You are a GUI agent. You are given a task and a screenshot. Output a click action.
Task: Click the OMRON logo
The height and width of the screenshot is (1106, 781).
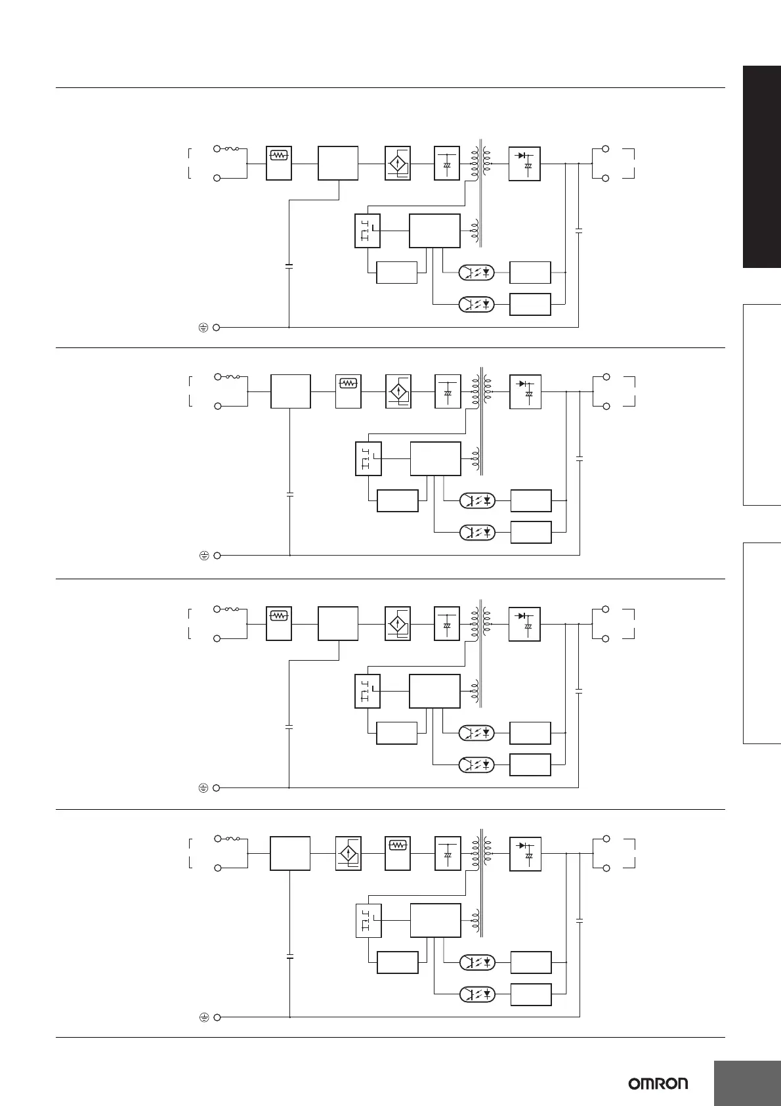(658, 1084)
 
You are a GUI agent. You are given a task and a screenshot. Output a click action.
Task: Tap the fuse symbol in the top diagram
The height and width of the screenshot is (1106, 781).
(232, 149)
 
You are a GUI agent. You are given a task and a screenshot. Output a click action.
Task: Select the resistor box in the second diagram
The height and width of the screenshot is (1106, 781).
(348, 391)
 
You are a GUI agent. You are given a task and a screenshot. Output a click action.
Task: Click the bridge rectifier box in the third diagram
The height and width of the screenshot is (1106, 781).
(397, 623)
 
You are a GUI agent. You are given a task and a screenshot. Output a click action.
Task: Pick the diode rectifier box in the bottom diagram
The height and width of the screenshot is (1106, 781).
(525, 854)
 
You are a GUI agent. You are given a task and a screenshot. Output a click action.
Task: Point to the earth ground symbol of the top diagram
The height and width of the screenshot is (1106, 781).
(203, 327)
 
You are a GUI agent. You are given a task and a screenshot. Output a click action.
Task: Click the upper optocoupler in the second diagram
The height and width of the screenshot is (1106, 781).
(477, 500)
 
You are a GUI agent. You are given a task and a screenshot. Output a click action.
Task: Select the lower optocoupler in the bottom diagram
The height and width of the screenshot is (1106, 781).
(477, 994)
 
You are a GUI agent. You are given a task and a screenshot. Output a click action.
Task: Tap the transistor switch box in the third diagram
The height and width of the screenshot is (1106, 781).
(367, 691)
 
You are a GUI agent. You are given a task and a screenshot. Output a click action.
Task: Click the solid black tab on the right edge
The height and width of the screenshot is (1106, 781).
(762, 167)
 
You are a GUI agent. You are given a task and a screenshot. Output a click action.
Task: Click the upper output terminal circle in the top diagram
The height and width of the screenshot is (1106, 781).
(606, 149)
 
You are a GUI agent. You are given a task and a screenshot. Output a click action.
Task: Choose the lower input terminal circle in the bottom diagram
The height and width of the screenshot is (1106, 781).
(218, 868)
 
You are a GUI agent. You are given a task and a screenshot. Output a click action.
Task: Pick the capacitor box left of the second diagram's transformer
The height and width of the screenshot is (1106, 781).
(448, 391)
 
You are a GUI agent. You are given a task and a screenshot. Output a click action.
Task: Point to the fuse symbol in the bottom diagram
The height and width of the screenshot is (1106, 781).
(232, 839)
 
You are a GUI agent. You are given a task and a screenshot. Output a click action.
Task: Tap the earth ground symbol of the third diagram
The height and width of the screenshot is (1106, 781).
(203, 787)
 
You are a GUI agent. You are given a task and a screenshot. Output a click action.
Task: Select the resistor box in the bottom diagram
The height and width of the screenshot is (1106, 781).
(397, 854)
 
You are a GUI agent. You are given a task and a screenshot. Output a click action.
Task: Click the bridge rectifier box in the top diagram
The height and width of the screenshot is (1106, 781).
(397, 163)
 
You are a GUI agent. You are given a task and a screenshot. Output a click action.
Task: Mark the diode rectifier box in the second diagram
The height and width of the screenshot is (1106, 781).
(525, 391)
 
